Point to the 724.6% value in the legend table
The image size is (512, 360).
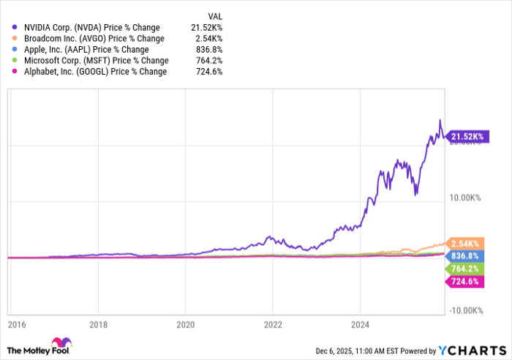point(209,72)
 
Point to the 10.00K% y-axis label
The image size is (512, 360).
point(465,198)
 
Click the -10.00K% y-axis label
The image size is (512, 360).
point(464,310)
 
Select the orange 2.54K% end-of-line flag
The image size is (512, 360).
point(464,243)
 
